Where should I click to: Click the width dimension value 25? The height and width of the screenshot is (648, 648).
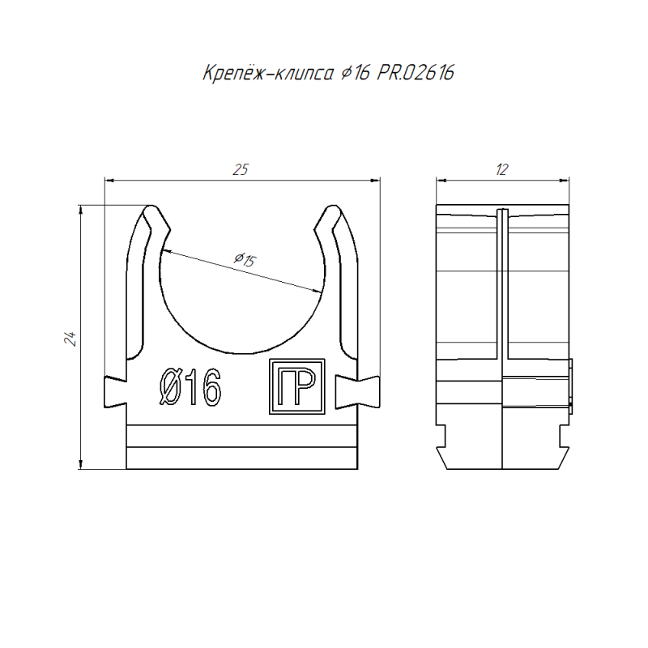coord(241,169)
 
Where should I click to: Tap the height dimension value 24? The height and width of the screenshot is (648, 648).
coord(70,339)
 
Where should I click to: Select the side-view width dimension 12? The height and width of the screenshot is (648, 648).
coord(502,169)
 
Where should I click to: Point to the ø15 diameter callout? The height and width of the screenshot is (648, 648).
coord(245,259)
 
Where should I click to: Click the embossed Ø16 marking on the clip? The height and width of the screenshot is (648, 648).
coord(190,387)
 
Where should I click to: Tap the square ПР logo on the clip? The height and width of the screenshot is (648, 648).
coord(296,386)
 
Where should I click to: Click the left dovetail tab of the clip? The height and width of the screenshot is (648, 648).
coord(115,391)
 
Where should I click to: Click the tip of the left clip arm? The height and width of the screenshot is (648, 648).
coord(151,207)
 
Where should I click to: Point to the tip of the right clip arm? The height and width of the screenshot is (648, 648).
coord(333,207)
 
